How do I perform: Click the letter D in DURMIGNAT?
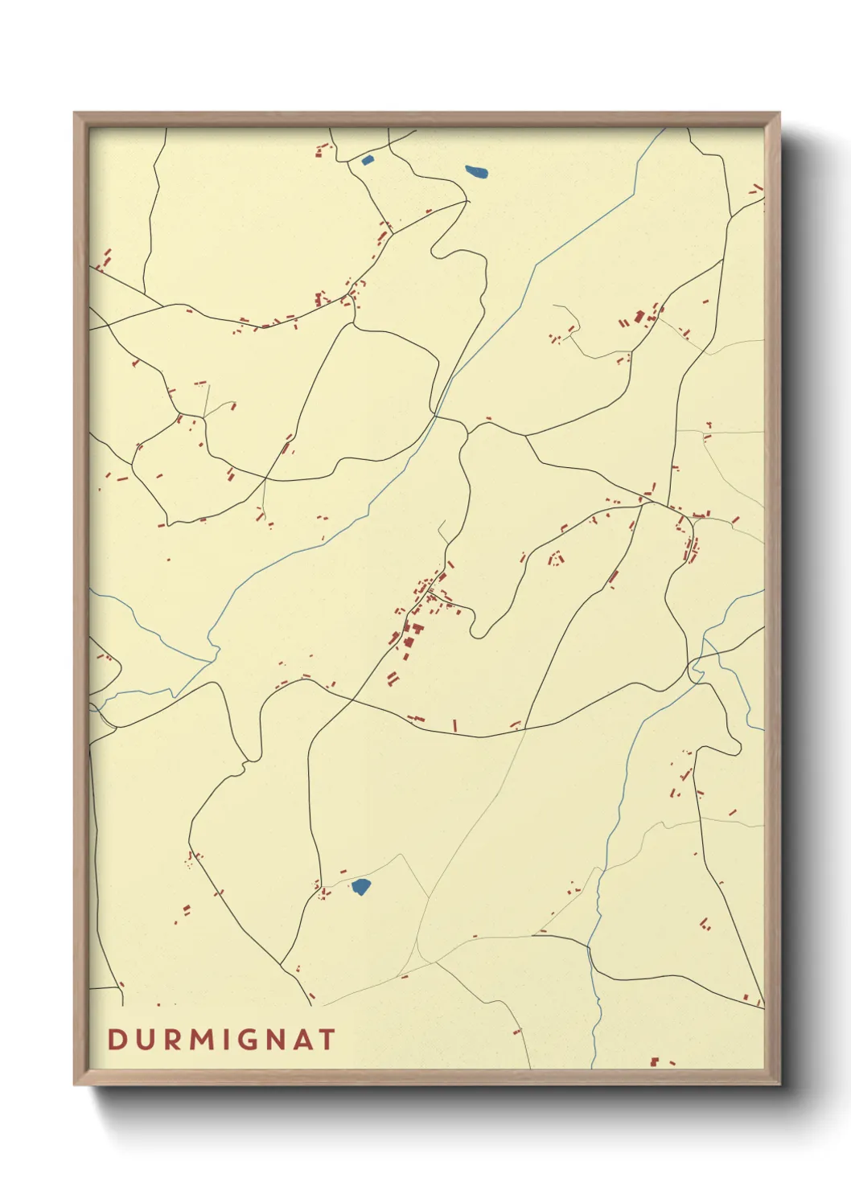(117, 1040)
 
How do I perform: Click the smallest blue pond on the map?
(368, 160)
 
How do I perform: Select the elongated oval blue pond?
(476, 171)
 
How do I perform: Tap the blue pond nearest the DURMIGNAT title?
(360, 887)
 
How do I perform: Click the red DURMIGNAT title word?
(221, 1040)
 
